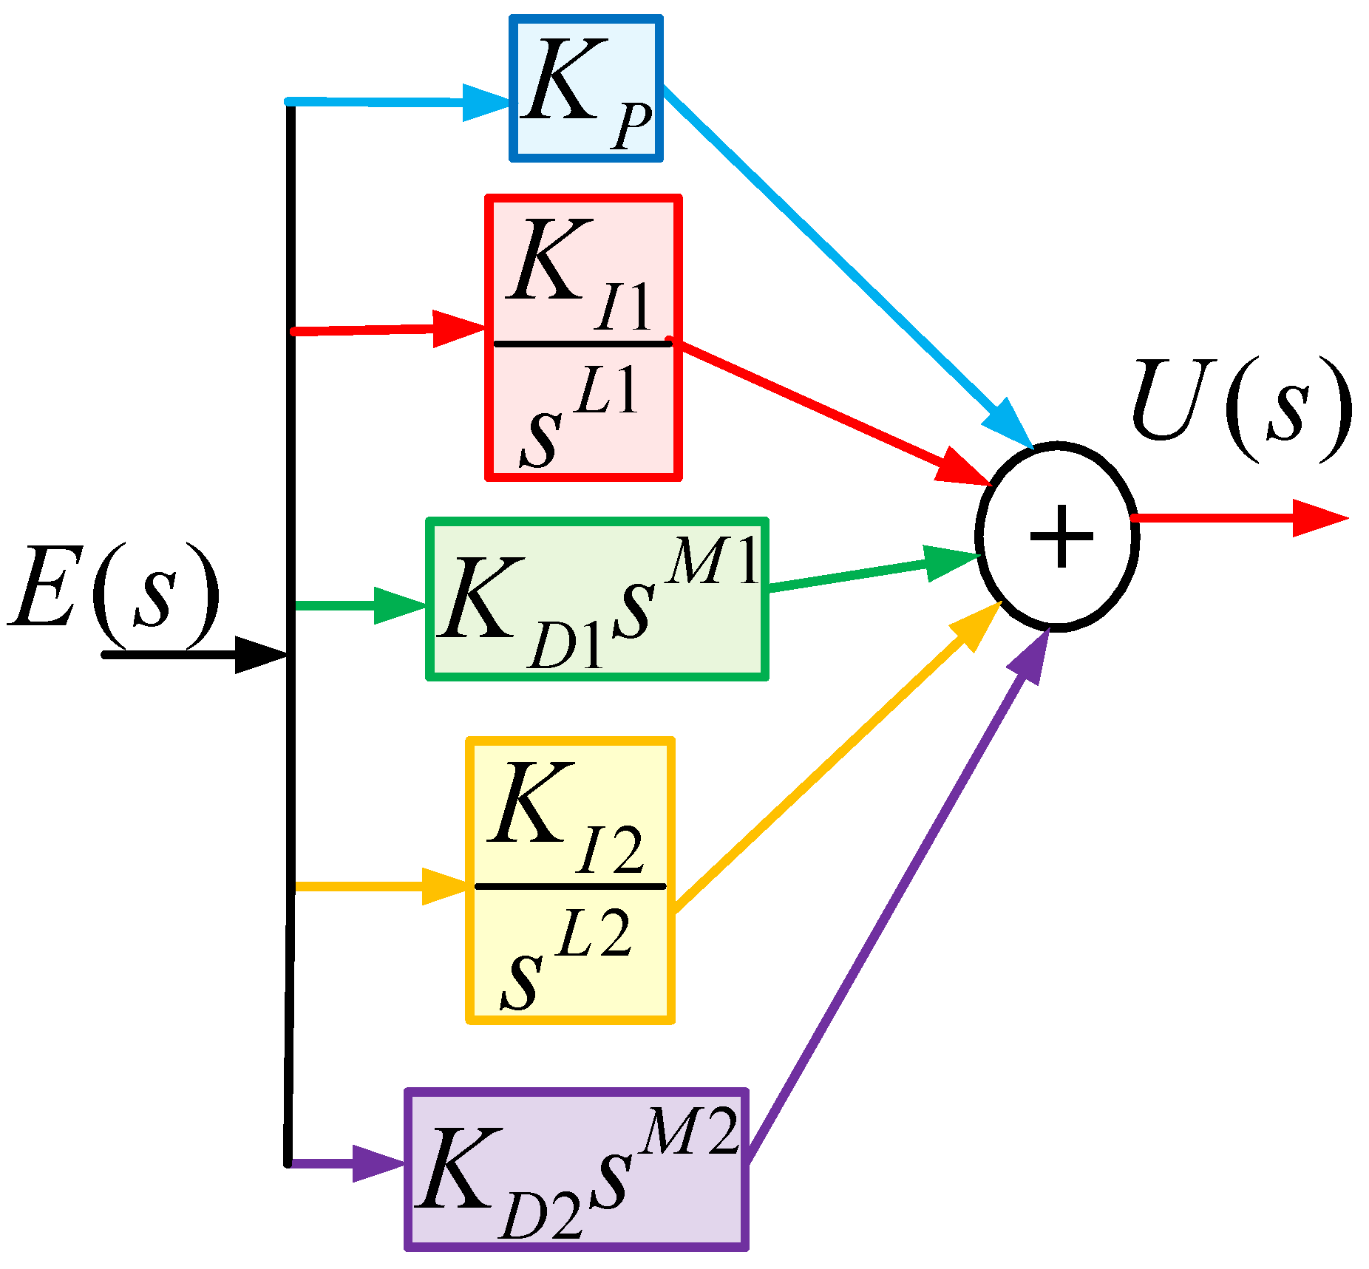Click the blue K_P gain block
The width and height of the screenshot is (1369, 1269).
[585, 88]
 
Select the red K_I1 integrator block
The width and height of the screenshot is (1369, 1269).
[583, 338]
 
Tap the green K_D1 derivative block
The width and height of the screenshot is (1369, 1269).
[597, 599]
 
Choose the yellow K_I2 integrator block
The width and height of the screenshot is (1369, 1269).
[570, 880]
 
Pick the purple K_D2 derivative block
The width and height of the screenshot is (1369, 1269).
[577, 1168]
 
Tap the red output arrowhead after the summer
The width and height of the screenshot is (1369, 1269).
[1319, 517]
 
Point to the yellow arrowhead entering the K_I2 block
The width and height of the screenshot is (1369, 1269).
[444, 885]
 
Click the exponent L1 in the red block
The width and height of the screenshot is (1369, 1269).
[608, 390]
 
